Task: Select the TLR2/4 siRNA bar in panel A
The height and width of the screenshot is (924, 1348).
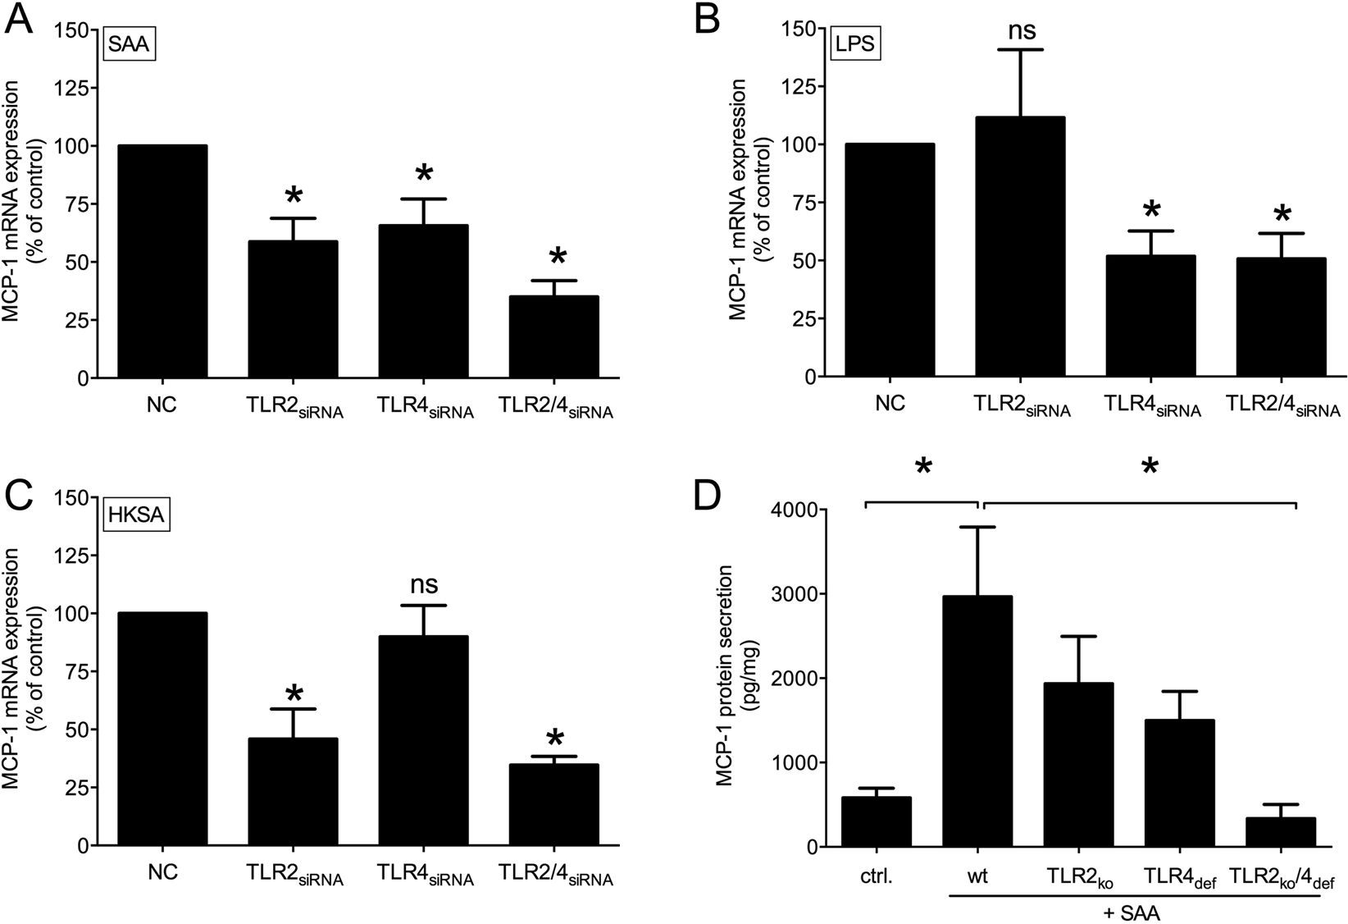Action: (553, 336)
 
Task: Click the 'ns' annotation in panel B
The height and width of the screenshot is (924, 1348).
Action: (1021, 30)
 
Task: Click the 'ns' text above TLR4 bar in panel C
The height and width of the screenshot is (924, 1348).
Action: (424, 585)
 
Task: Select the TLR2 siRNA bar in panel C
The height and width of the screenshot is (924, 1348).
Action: (294, 791)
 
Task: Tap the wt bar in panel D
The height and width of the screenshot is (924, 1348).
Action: (977, 721)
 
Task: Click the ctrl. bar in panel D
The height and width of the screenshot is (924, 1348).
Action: (877, 821)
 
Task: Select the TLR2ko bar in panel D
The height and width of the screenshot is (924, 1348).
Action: (1078, 764)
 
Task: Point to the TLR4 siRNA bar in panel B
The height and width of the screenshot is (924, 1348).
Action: (1150, 316)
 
